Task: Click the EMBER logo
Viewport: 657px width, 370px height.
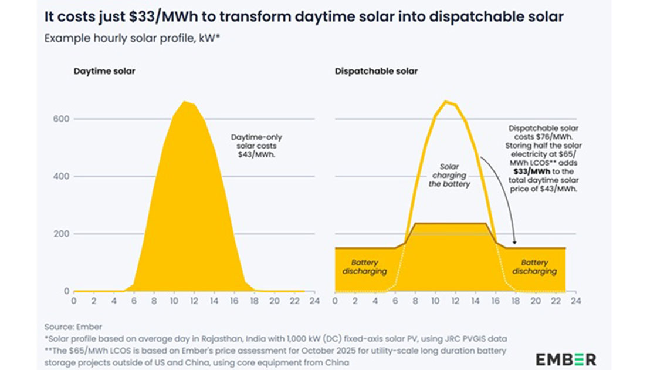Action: pos(565,359)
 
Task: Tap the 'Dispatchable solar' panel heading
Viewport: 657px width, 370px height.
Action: pos(376,72)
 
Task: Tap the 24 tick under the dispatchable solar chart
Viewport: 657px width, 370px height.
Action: pos(576,301)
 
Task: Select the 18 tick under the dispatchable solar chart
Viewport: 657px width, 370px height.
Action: pos(515,301)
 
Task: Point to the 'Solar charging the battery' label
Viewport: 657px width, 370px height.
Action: pos(450,175)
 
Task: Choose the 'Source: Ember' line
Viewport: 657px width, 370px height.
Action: pos(72,327)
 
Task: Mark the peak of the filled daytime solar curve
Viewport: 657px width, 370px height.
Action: pos(185,102)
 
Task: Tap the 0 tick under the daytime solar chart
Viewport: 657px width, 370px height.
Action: pos(73,301)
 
